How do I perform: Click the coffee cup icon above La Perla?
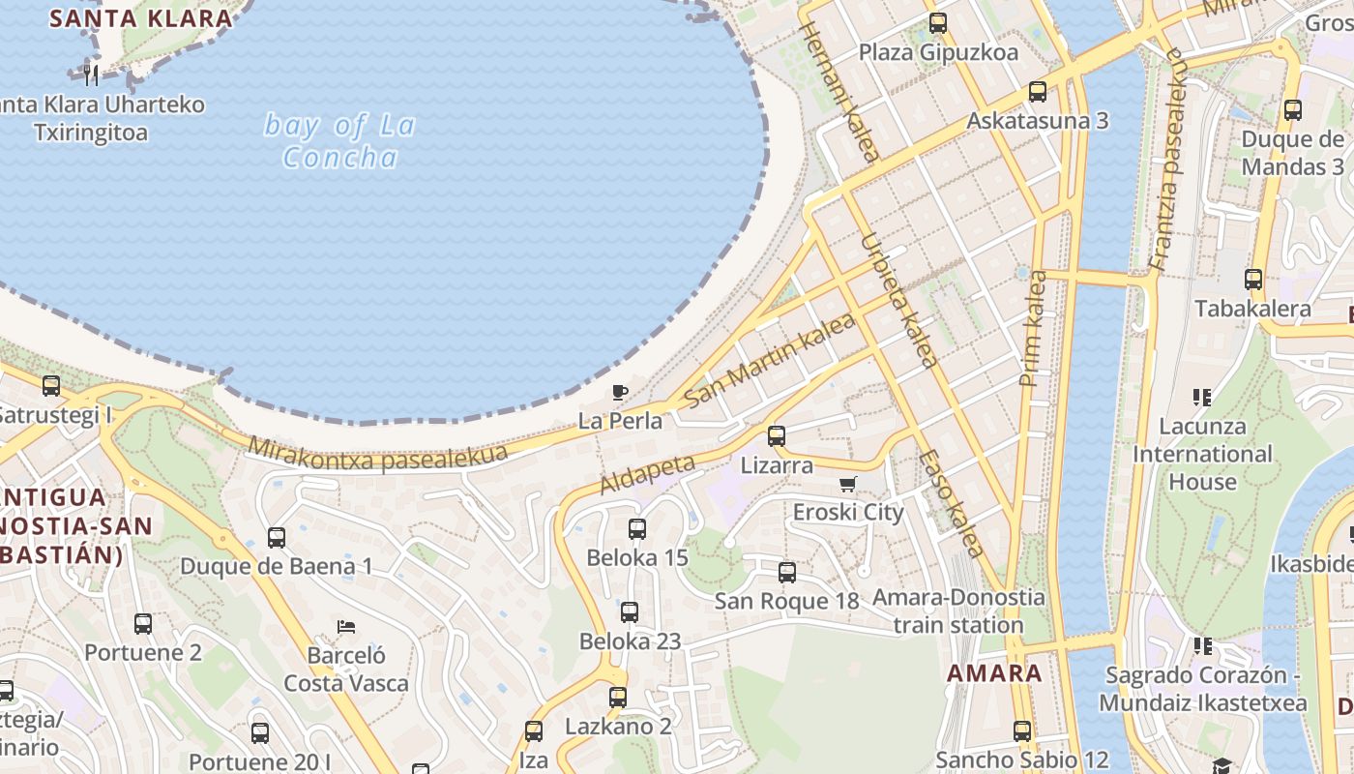pyautogui.click(x=620, y=392)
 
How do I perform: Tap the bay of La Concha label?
pyautogui.click(x=339, y=141)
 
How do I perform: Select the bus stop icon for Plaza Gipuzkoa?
pyautogui.click(x=937, y=23)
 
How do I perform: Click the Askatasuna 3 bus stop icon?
pyautogui.click(x=1038, y=92)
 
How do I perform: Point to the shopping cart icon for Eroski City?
pyautogui.click(x=848, y=484)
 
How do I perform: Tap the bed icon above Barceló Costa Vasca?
pyautogui.click(x=345, y=627)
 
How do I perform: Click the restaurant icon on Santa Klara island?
pyautogui.click(x=91, y=74)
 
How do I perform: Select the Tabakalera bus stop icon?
pyautogui.click(x=1253, y=280)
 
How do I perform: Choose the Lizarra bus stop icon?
pyautogui.click(x=777, y=436)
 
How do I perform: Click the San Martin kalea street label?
pyautogui.click(x=770, y=359)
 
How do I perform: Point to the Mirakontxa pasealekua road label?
pyautogui.click(x=378, y=453)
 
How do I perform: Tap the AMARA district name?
pyautogui.click(x=994, y=673)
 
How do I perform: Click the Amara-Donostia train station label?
pyautogui.click(x=958, y=610)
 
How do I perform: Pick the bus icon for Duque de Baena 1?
pyautogui.click(x=277, y=538)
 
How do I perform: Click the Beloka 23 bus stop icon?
pyautogui.click(x=630, y=612)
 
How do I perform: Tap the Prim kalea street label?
pyautogui.click(x=1033, y=329)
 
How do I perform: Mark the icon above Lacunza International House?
pyautogui.click(x=1202, y=397)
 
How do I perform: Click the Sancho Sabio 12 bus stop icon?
pyautogui.click(x=1022, y=731)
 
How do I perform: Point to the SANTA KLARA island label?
pyautogui.click(x=141, y=17)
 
